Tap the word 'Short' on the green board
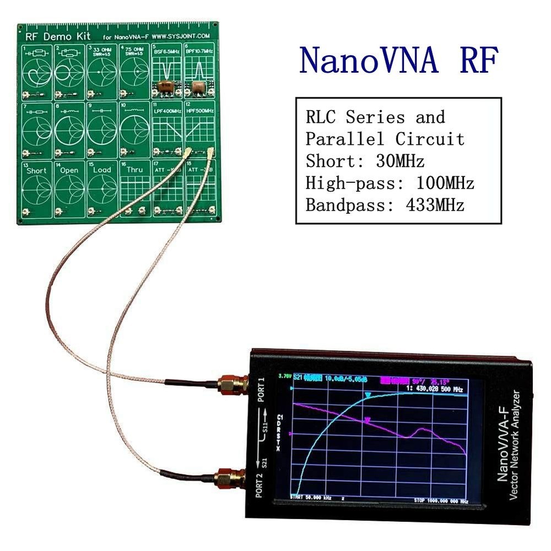(x=37, y=170)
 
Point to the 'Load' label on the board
(x=102, y=170)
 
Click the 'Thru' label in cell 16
(x=134, y=170)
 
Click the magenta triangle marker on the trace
(x=368, y=421)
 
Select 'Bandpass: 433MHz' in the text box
(x=385, y=206)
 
